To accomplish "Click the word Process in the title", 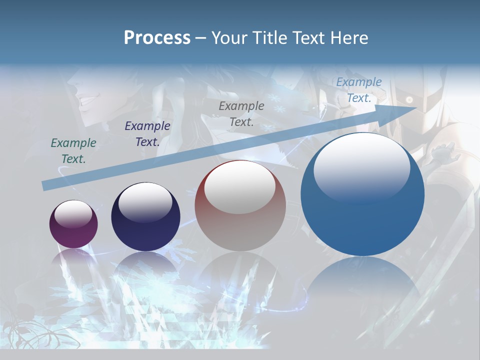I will pos(157,38).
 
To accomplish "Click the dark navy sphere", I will pos(145,217).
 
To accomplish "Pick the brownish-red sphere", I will pos(240,206).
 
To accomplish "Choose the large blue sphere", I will pos(362,195).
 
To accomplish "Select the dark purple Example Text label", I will pos(147,134).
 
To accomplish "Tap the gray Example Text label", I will pos(241,113).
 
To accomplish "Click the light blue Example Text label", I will pos(359,90).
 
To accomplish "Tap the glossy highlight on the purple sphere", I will pos(73,213).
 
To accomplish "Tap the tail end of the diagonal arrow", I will pos(46,185).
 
